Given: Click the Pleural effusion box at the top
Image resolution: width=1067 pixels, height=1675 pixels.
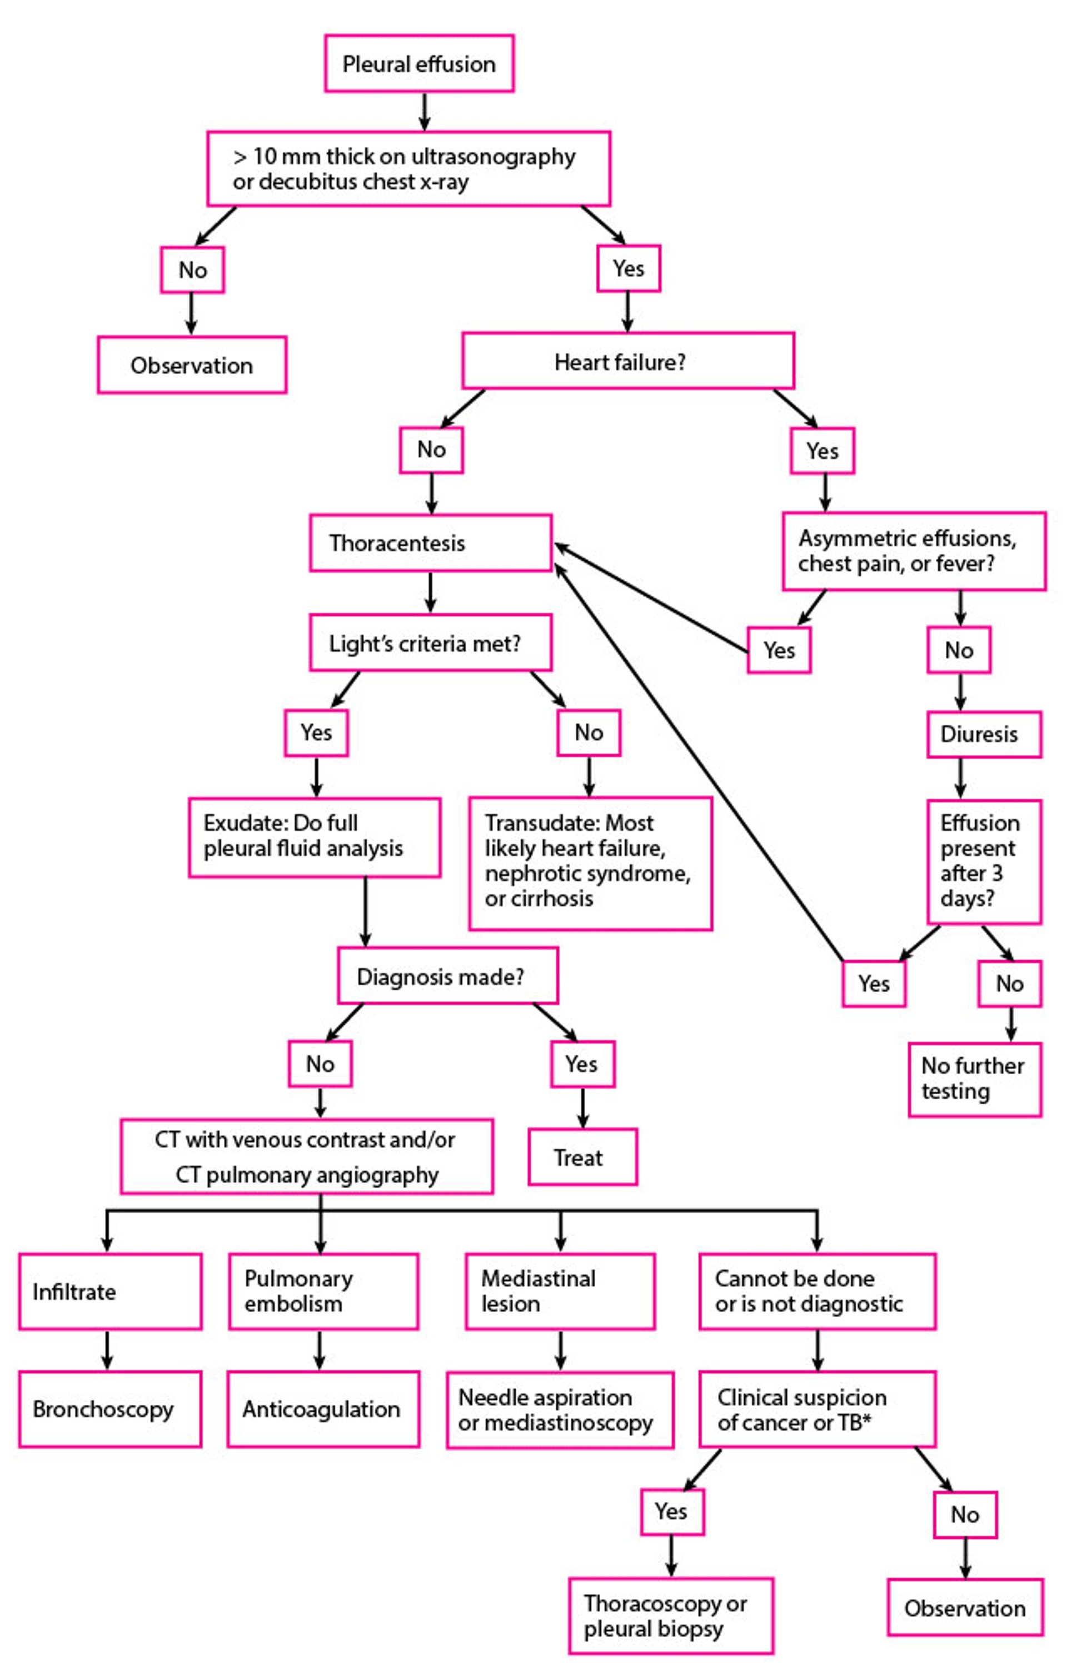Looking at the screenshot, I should tap(418, 64).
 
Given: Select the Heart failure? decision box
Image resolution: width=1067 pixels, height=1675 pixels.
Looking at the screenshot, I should tap(627, 361).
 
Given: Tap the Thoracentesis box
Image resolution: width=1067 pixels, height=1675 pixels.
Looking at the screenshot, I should tap(430, 542).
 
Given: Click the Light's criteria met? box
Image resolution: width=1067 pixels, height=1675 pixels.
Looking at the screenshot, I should tap(430, 643).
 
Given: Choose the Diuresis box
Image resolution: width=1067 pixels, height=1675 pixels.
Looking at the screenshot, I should tap(983, 734).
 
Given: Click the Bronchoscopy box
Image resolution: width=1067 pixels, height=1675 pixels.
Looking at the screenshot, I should tap(110, 1409).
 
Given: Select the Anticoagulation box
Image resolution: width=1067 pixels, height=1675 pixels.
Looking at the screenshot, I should tap(323, 1409).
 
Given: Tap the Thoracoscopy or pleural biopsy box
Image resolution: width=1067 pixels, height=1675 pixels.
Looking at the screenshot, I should tap(671, 1615).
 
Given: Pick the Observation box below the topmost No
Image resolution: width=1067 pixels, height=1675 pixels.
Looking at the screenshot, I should tap(192, 365).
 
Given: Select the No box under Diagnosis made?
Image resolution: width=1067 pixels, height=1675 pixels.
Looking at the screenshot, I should tap(320, 1064).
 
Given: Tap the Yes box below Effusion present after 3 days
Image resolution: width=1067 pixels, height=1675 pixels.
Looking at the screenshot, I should tap(874, 984).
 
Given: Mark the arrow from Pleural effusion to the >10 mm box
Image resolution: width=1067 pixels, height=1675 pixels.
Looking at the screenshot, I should tap(424, 111).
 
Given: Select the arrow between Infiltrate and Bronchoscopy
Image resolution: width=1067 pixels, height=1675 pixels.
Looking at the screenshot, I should tap(107, 1349).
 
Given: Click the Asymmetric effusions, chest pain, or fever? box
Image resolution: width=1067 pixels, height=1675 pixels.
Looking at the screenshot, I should tap(913, 551).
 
